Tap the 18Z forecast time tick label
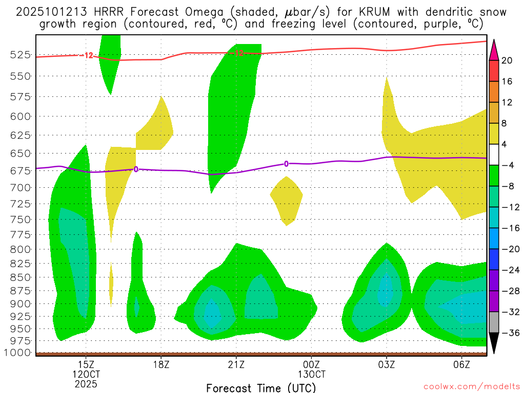click(161, 365)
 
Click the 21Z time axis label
click(236, 365)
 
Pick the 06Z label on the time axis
click(462, 365)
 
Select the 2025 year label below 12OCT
click(86, 383)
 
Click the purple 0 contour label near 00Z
click(286, 164)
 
